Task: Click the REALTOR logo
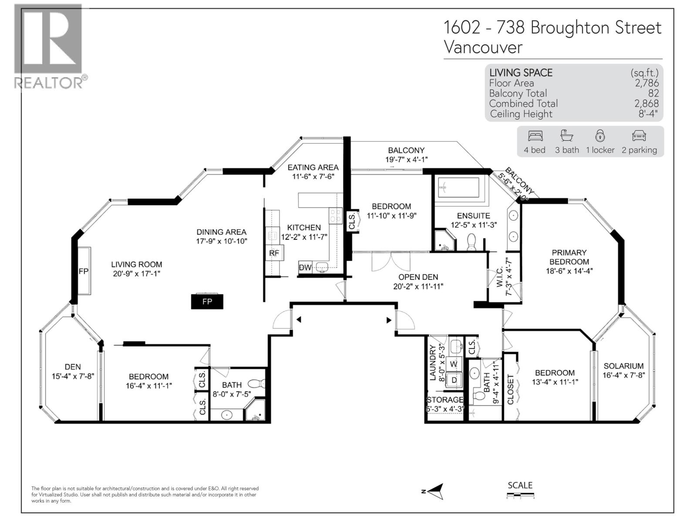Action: click(x=48, y=46)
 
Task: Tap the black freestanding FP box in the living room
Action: click(x=207, y=302)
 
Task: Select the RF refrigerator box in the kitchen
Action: click(x=274, y=253)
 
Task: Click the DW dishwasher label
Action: click(x=305, y=268)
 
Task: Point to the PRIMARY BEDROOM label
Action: click(x=569, y=257)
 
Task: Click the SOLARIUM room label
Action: click(x=623, y=366)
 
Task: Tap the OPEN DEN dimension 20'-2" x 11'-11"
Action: click(x=418, y=286)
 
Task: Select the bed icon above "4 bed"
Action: click(x=535, y=136)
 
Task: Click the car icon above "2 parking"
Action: click(x=639, y=136)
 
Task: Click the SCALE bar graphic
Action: click(x=520, y=495)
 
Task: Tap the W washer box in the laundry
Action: click(x=454, y=363)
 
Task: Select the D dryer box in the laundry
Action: click(x=454, y=380)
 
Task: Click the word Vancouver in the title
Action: click(x=483, y=47)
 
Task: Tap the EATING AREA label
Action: click(x=313, y=167)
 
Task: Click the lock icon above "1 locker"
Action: click(x=600, y=136)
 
